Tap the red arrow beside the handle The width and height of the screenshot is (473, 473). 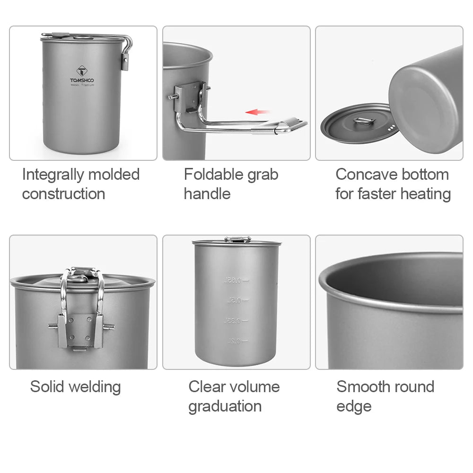[258, 112]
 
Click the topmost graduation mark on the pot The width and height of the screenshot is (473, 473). [236, 280]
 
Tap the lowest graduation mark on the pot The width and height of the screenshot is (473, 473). [236, 341]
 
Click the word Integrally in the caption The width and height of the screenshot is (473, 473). [52, 175]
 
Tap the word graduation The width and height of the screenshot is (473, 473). [225, 406]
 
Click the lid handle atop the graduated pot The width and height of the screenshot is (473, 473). [237, 239]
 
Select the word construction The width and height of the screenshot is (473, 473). [63, 194]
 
